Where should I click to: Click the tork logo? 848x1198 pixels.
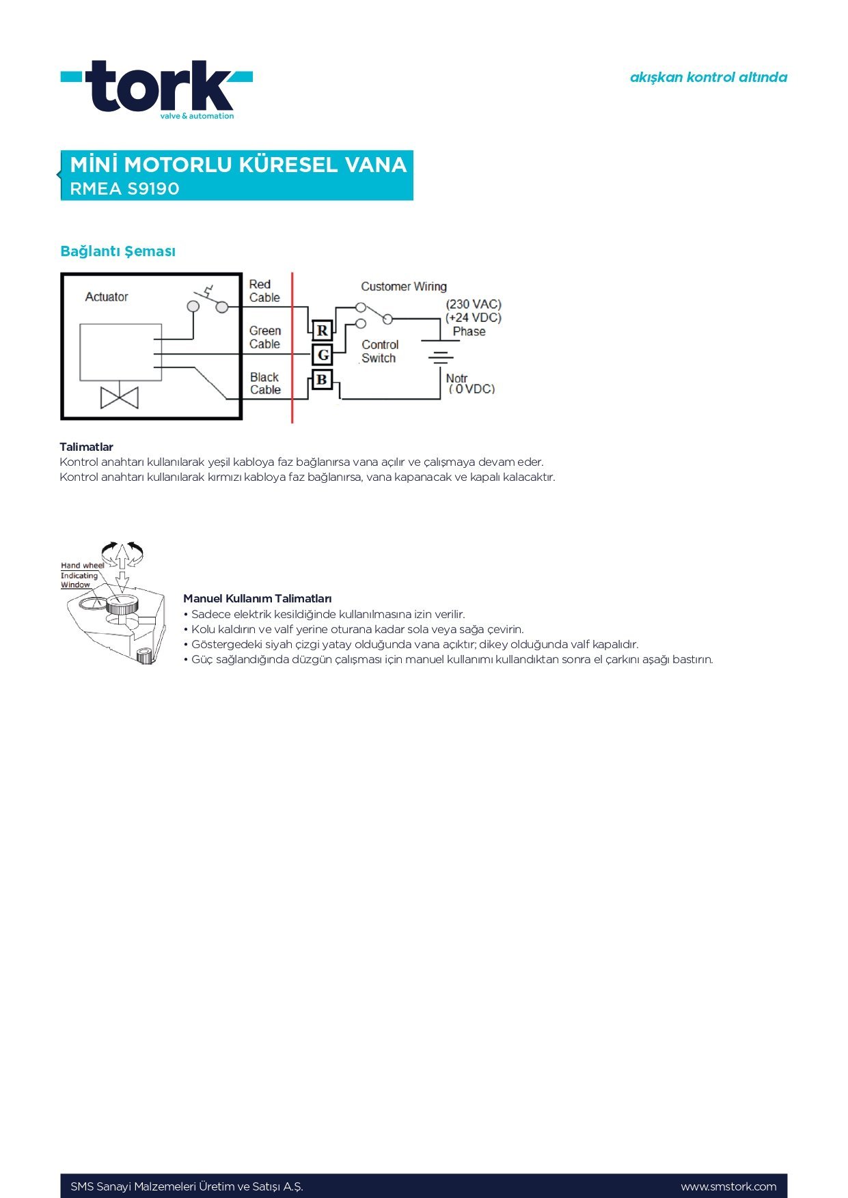[x=157, y=89]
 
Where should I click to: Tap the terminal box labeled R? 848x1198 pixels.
[x=323, y=331]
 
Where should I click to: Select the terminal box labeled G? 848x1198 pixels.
[x=323, y=354]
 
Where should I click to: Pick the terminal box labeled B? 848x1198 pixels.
[x=322, y=379]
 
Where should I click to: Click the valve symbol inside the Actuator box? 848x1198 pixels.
[x=120, y=398]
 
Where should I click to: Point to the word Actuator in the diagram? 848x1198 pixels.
[x=107, y=297]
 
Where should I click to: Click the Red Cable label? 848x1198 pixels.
[x=264, y=291]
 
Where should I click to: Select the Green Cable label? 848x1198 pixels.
[x=264, y=337]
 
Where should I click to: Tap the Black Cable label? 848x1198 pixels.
[x=265, y=384]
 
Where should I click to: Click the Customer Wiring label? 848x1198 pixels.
[x=404, y=287]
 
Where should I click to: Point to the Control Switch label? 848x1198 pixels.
[x=379, y=352]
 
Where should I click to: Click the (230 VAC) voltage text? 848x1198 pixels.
[x=474, y=305]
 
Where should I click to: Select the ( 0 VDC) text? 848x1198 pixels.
[x=471, y=389]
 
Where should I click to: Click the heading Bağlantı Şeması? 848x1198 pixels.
[x=118, y=251]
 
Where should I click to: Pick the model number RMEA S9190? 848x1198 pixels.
[x=125, y=189]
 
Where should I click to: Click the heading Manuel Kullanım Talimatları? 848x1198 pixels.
[x=258, y=599]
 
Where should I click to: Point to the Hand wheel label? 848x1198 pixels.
[x=82, y=566]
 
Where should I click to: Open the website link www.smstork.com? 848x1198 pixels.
[x=728, y=1186]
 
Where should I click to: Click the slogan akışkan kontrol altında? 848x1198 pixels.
[x=708, y=77]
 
